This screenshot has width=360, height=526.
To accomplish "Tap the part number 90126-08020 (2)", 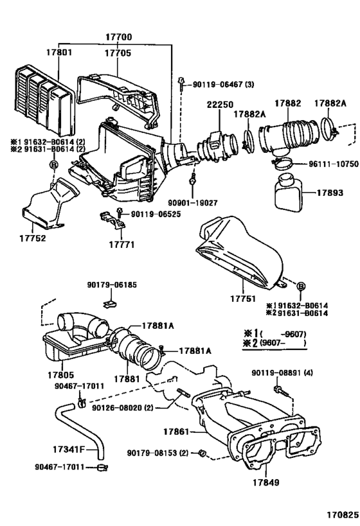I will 122,407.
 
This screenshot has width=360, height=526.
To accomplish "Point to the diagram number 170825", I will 339,516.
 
